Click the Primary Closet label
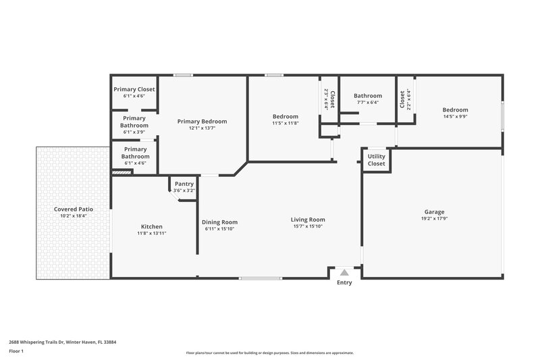pos(134,89)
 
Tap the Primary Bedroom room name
pos(202,122)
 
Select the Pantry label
pos(184,184)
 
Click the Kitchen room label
pos(151,226)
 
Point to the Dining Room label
pos(220,222)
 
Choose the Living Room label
pos(308,220)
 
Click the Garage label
pos(434,211)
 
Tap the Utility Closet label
pos(376,160)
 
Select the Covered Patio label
pos(74,209)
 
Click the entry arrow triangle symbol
pos(344,272)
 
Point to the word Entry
pos(344,282)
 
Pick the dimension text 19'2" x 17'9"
pos(434,218)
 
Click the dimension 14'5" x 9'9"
pos(455,116)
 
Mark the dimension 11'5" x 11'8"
pos(286,123)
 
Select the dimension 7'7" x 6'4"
pos(368,103)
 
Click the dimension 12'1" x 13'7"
pos(202,128)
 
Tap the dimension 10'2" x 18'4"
pos(74,216)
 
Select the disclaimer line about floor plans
pos(270,353)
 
